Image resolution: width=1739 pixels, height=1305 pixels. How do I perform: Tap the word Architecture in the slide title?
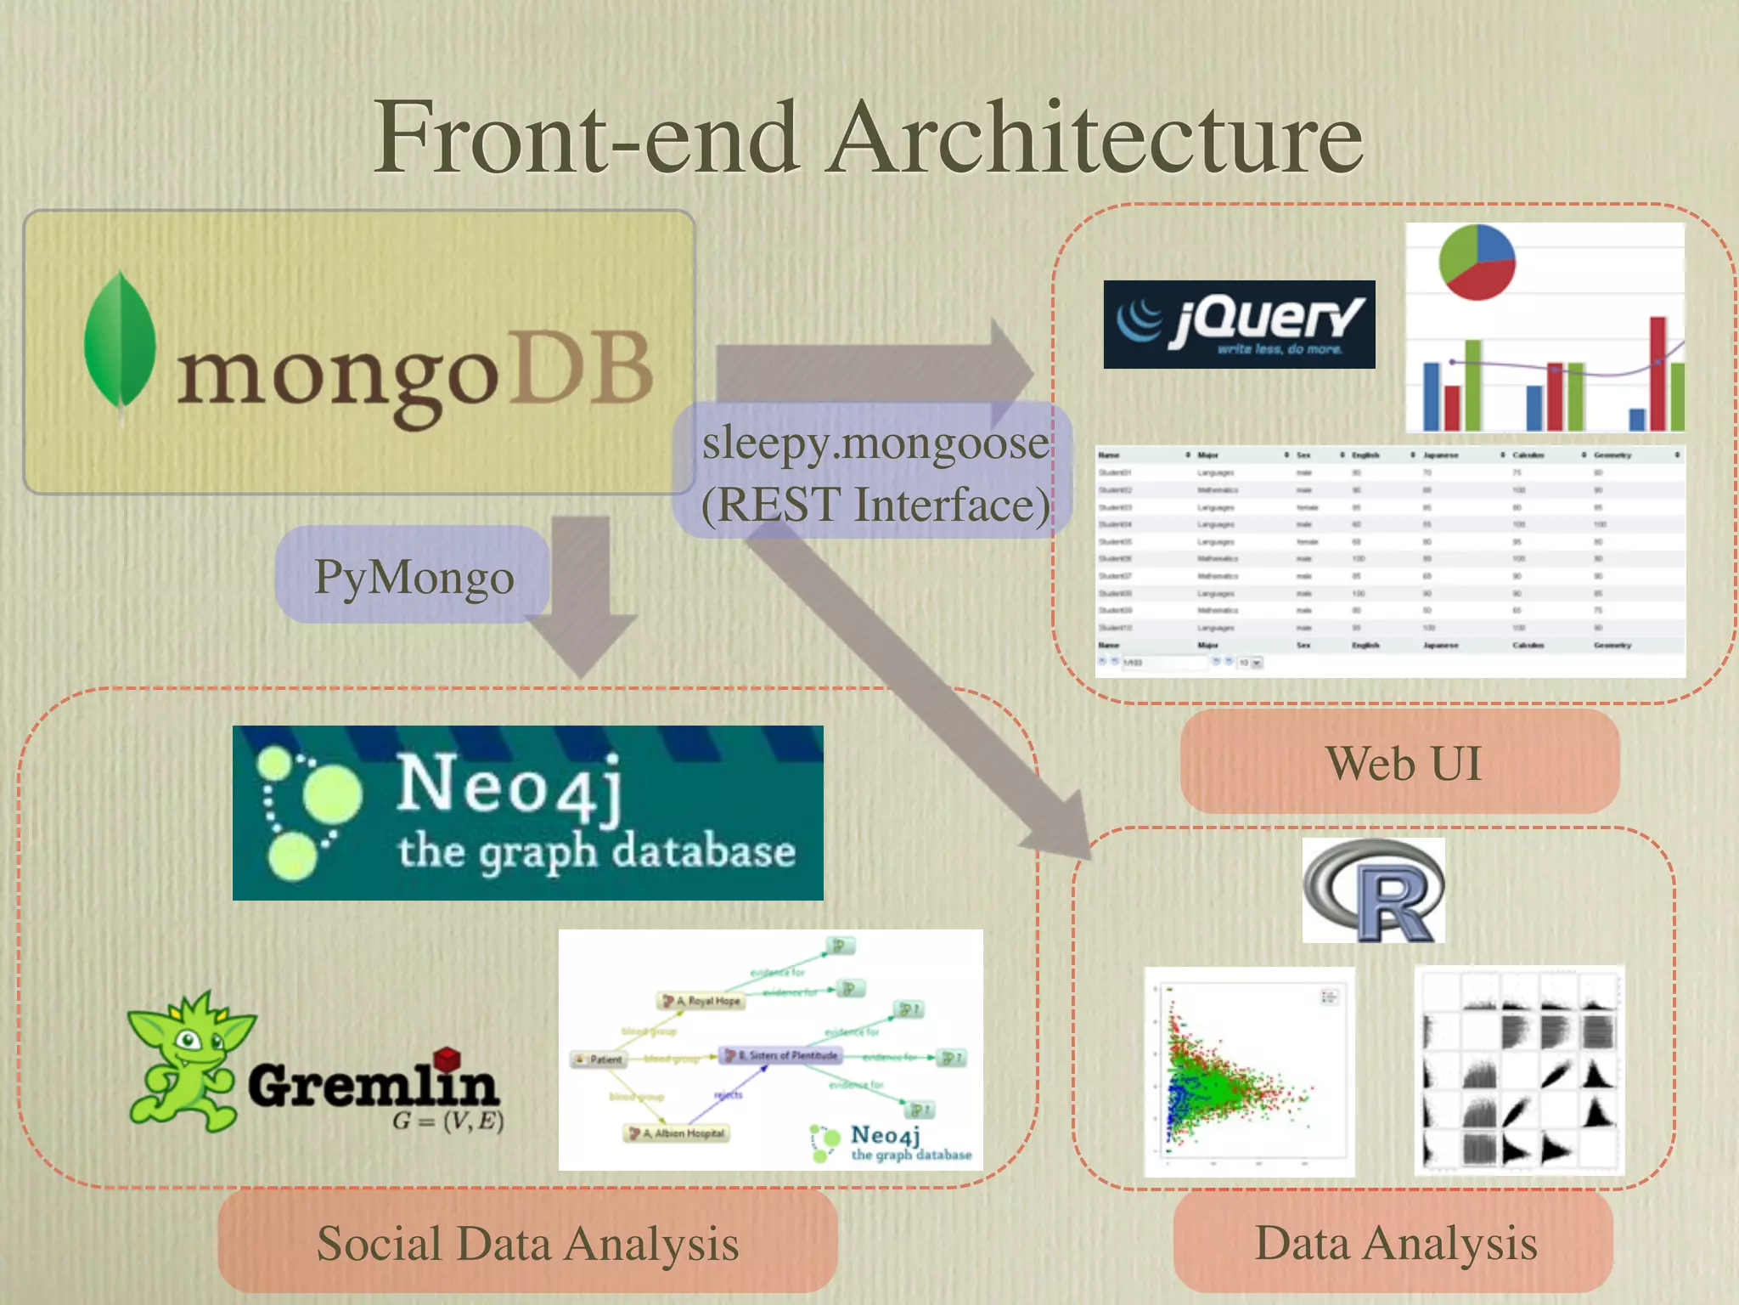coord(1095,138)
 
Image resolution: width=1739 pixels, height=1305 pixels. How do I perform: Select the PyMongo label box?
coord(414,576)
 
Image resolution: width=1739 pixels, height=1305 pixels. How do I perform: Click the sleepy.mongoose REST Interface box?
coord(875,472)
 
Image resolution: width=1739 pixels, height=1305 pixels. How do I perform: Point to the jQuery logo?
coord(1239,325)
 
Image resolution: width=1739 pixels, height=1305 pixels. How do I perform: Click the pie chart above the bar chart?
coord(1477,263)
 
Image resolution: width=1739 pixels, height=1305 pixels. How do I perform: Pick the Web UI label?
coord(1401,763)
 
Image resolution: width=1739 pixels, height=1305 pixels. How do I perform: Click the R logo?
coord(1373,890)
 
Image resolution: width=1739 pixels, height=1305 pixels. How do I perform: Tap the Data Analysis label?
coord(1394,1242)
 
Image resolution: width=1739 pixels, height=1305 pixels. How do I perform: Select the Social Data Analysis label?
coord(527,1242)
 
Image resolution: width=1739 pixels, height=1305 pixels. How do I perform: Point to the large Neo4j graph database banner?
coord(527,813)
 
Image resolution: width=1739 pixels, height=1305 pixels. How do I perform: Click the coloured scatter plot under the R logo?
coord(1248,1072)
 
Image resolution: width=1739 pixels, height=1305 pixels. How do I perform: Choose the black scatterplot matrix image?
coord(1520,1071)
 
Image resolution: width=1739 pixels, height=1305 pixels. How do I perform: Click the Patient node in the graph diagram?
coord(600,1059)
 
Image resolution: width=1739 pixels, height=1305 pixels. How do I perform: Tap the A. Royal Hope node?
coord(701,1001)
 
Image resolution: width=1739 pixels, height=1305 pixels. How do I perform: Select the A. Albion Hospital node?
coord(678,1133)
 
